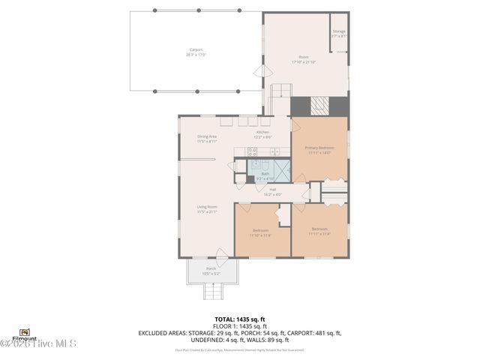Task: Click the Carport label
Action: pyautogui.click(x=196, y=50)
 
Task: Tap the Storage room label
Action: pyautogui.click(x=339, y=31)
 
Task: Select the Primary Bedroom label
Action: pyautogui.click(x=319, y=148)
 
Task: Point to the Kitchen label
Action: pyautogui.click(x=262, y=132)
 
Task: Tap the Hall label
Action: pyautogui.click(x=273, y=189)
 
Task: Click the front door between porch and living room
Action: pyautogui.click(x=220, y=253)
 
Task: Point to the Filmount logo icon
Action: pyautogui.click(x=25, y=331)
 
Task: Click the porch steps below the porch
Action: pyautogui.click(x=211, y=290)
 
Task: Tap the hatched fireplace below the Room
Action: pyautogui.click(x=320, y=106)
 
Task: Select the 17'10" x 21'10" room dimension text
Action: pyautogui.click(x=304, y=61)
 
